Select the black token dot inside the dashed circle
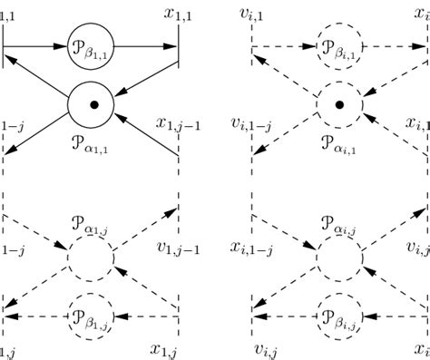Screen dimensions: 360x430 (339, 105)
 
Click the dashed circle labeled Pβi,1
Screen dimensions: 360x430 (339, 44)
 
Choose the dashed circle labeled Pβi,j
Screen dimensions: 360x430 (339, 315)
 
